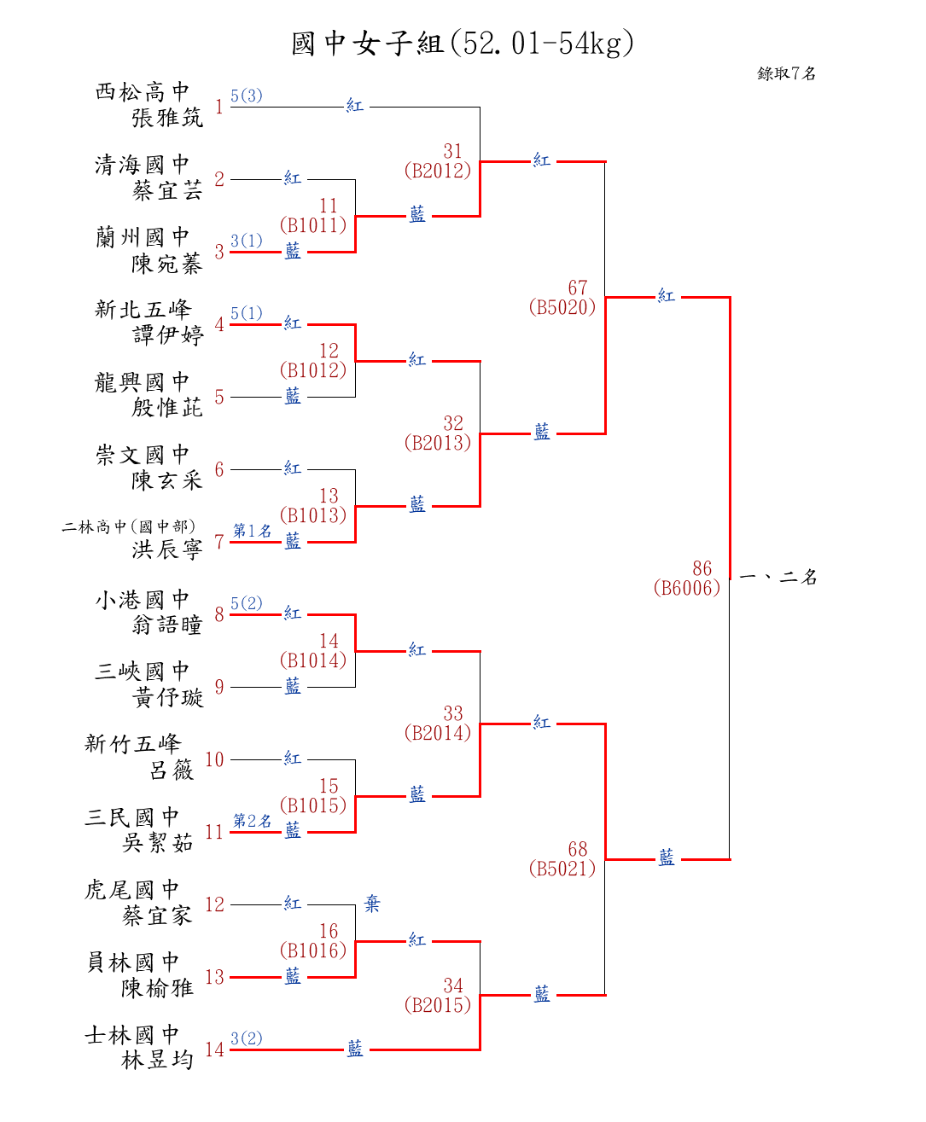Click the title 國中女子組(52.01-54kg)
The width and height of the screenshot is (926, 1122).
pyautogui.click(x=463, y=43)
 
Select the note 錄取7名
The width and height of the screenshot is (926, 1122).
pyautogui.click(x=786, y=73)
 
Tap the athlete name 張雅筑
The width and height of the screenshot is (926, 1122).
pyautogui.click(x=167, y=118)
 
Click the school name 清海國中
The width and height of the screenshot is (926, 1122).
pyautogui.click(x=142, y=164)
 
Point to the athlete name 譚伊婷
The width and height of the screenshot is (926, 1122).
pyautogui.click(x=167, y=335)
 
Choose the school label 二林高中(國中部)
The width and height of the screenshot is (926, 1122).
pyautogui.click(x=128, y=526)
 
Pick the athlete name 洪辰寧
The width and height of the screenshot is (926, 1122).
pyautogui.click(x=167, y=549)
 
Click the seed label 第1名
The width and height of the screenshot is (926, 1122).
pyautogui.click(x=252, y=531)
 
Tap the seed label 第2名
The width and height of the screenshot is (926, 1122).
pyautogui.click(x=252, y=821)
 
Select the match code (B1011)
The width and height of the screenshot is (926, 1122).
pyautogui.click(x=313, y=225)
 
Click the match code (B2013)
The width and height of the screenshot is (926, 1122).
pyautogui.click(x=438, y=443)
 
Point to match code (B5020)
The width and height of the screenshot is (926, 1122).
pyautogui.click(x=562, y=307)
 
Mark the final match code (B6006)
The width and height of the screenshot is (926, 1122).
pyautogui.click(x=687, y=588)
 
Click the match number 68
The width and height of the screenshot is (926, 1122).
pyautogui.click(x=578, y=849)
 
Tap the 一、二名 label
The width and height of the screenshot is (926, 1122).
pyautogui.click(x=777, y=578)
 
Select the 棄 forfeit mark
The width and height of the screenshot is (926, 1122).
pyautogui.click(x=372, y=904)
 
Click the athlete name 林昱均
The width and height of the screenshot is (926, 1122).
pyautogui.click(x=158, y=1061)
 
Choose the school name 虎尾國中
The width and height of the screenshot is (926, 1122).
pyautogui.click(x=132, y=890)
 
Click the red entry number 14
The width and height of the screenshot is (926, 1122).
pyautogui.click(x=214, y=1049)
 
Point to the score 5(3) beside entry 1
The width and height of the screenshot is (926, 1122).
pyautogui.click(x=247, y=96)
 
